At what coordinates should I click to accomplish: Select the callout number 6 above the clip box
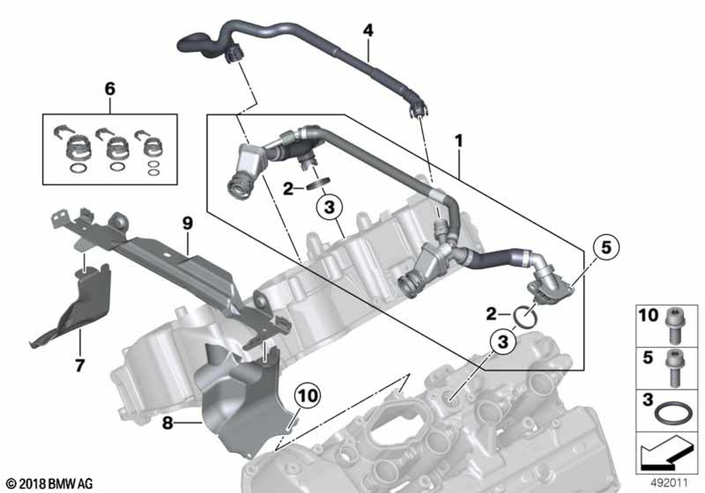click(x=109, y=89)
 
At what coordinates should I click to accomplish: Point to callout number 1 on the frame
click(x=459, y=142)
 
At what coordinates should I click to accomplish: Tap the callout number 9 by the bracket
click(x=187, y=224)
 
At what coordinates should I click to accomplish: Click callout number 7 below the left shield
click(x=80, y=365)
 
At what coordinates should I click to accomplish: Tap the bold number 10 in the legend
click(x=647, y=315)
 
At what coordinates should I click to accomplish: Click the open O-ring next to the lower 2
click(x=525, y=316)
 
